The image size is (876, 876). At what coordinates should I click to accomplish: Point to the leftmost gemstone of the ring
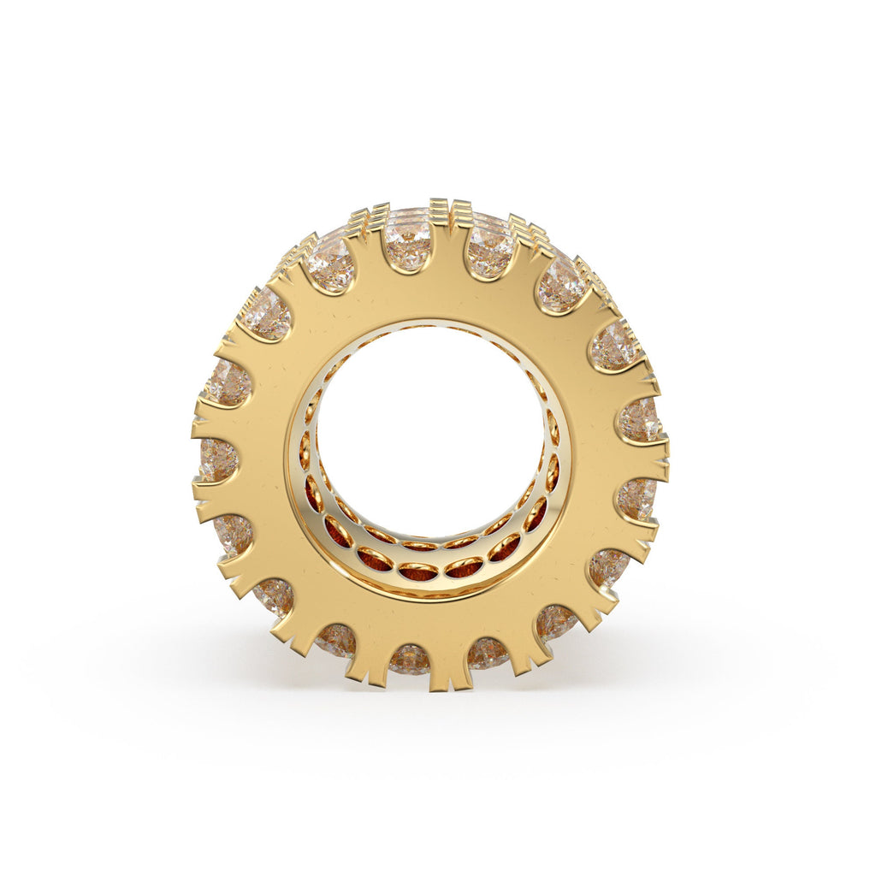218,459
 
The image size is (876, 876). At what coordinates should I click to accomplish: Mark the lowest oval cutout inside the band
419,571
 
